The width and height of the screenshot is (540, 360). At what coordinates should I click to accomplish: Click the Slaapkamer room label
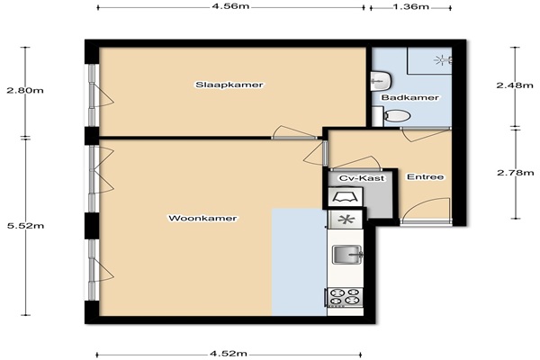[x=229, y=85]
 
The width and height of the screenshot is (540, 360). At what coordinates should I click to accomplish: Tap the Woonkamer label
[x=202, y=219]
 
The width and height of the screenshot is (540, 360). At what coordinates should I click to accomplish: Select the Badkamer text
[x=410, y=98]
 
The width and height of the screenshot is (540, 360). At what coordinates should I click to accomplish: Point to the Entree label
[x=426, y=177]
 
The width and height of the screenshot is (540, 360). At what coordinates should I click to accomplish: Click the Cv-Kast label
[x=362, y=178]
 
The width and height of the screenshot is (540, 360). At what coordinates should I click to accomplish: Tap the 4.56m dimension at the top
[x=230, y=6]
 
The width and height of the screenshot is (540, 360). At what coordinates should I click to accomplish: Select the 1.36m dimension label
[x=410, y=6]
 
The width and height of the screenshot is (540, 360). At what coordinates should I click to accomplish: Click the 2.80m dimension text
[x=25, y=91]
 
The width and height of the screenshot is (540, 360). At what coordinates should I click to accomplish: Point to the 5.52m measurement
[x=25, y=226]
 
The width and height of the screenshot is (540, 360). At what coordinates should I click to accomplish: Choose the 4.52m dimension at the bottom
[x=229, y=354]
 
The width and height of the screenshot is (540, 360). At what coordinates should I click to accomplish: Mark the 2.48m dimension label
[x=515, y=85]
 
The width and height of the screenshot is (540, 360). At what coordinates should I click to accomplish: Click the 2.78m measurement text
[x=515, y=173]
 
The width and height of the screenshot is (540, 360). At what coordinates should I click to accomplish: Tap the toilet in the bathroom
[x=395, y=116]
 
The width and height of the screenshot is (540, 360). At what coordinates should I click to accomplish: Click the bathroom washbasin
[x=380, y=81]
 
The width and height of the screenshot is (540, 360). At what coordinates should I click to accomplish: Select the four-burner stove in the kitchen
[x=345, y=297]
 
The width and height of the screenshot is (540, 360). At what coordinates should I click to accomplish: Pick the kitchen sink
[x=347, y=255]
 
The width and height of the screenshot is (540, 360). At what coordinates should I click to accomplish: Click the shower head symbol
[x=443, y=60]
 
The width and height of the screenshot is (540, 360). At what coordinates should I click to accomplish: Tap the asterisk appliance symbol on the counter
[x=346, y=220]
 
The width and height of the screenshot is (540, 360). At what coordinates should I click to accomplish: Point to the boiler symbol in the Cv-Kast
[x=346, y=197]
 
